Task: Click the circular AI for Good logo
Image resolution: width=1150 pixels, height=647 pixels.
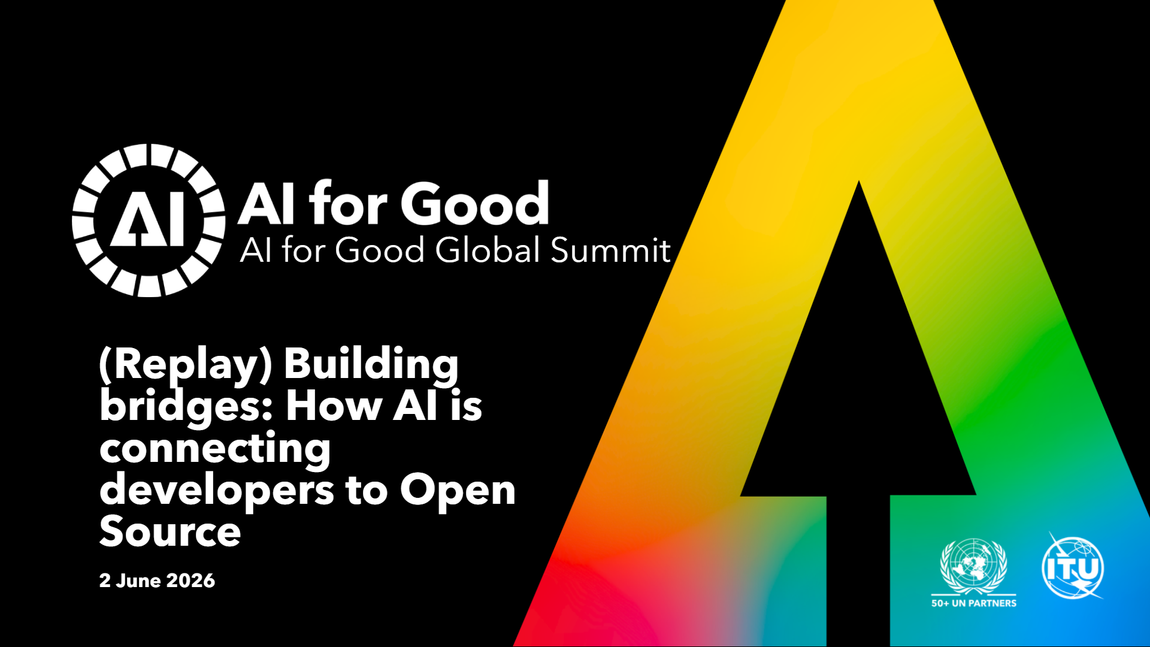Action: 149,220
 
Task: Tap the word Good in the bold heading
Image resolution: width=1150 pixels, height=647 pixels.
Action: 475,204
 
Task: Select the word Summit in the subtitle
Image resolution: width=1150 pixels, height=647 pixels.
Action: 610,250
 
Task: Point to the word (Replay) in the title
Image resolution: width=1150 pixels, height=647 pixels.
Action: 186,365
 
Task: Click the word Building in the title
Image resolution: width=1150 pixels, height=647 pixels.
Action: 371,365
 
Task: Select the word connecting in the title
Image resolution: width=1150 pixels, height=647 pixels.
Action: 215,449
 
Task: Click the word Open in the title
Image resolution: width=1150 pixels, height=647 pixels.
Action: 458,491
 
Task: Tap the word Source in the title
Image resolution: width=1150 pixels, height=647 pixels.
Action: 170,531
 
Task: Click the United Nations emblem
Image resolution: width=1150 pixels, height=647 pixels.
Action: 974,566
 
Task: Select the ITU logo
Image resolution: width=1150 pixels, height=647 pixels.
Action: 1073,567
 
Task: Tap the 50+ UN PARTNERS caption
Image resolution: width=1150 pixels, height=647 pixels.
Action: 974,603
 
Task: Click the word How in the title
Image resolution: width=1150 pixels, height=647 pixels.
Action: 334,407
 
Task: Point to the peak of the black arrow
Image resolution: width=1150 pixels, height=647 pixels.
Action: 859,181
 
